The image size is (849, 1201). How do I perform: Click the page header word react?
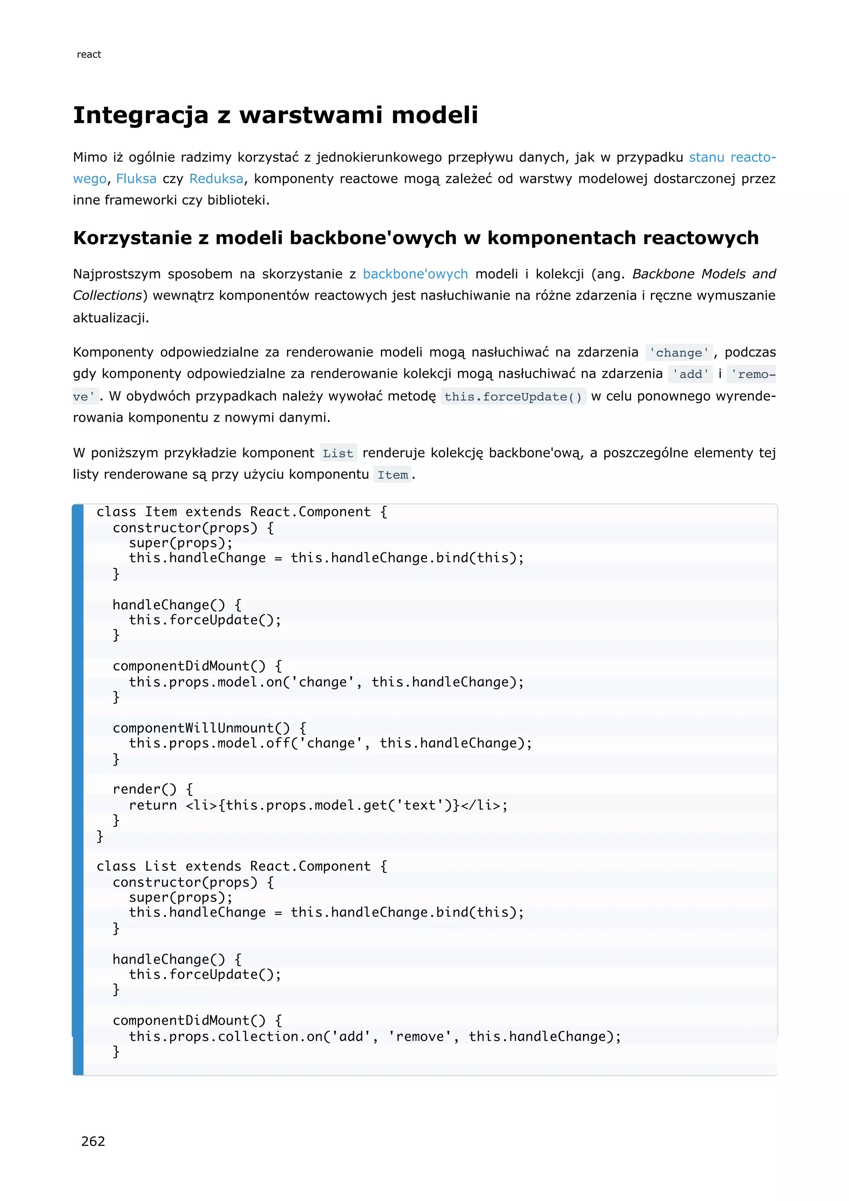(x=89, y=54)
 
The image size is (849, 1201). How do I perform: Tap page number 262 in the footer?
(x=93, y=1141)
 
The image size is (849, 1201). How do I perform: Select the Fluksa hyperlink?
(x=136, y=179)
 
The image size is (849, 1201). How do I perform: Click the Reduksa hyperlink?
(x=216, y=179)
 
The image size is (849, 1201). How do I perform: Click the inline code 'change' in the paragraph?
(x=679, y=353)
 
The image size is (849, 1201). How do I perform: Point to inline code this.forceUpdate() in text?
(x=513, y=397)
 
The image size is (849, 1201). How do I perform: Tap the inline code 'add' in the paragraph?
(x=690, y=374)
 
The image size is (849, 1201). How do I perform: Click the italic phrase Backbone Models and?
(x=703, y=274)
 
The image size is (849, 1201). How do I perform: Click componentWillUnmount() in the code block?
(x=201, y=728)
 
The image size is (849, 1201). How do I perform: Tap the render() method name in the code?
(x=144, y=789)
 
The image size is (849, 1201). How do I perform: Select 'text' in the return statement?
(x=420, y=805)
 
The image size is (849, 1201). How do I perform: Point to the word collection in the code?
(x=258, y=1036)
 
